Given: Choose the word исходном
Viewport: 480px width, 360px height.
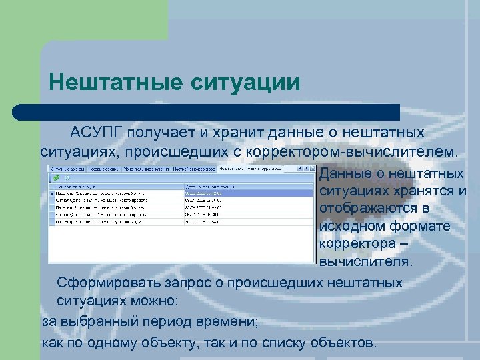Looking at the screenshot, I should (x=353, y=226).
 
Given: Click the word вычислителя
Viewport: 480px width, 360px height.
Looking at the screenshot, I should (x=366, y=261).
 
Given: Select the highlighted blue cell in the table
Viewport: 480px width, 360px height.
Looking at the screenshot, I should (x=248, y=193).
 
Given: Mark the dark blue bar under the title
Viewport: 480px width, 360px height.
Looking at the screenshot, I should (x=207, y=112).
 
